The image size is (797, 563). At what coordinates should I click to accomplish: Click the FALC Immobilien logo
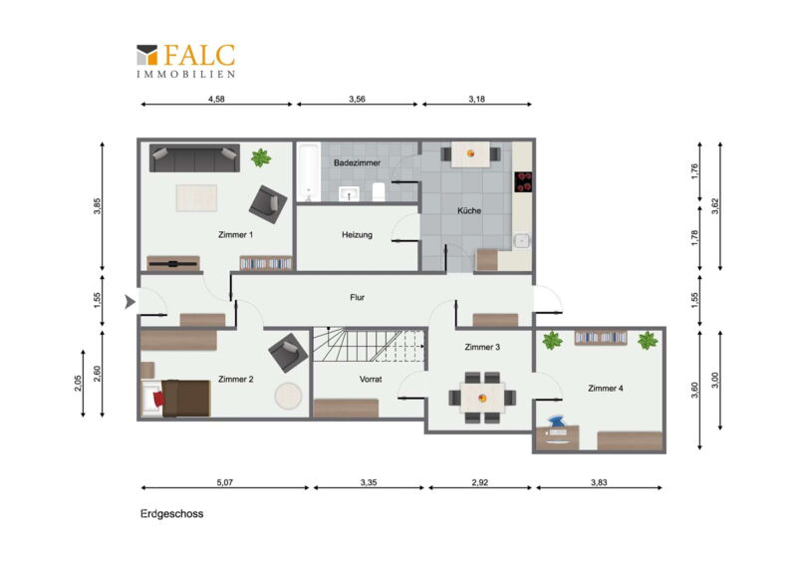point(186,61)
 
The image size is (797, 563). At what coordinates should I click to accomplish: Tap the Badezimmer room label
point(357,162)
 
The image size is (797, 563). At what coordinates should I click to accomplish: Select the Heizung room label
point(357,234)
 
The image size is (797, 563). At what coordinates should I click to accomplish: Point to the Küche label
point(468,210)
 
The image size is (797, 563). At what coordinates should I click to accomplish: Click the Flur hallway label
point(357,297)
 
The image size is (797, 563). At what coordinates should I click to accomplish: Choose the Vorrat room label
point(370,379)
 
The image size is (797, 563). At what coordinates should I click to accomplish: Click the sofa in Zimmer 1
point(194,158)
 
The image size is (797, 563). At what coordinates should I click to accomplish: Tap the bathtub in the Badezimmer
point(309,172)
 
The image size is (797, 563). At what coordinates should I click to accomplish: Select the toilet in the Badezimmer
point(379,191)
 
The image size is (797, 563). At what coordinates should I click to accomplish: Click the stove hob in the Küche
point(523,182)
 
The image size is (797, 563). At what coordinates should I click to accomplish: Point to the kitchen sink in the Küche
point(522,240)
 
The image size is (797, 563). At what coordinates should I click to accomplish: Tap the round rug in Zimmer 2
point(288,396)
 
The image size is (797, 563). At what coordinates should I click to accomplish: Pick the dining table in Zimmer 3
point(482,398)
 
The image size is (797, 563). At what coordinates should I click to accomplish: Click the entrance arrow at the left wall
point(131,302)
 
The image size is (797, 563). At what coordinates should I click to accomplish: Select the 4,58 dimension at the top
point(216,100)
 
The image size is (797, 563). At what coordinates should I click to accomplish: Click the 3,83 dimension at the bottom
point(599,482)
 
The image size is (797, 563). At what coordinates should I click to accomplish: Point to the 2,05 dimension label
point(78,383)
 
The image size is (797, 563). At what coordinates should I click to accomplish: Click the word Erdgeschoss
point(171,513)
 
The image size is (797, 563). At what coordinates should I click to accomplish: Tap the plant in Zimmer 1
point(261,157)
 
